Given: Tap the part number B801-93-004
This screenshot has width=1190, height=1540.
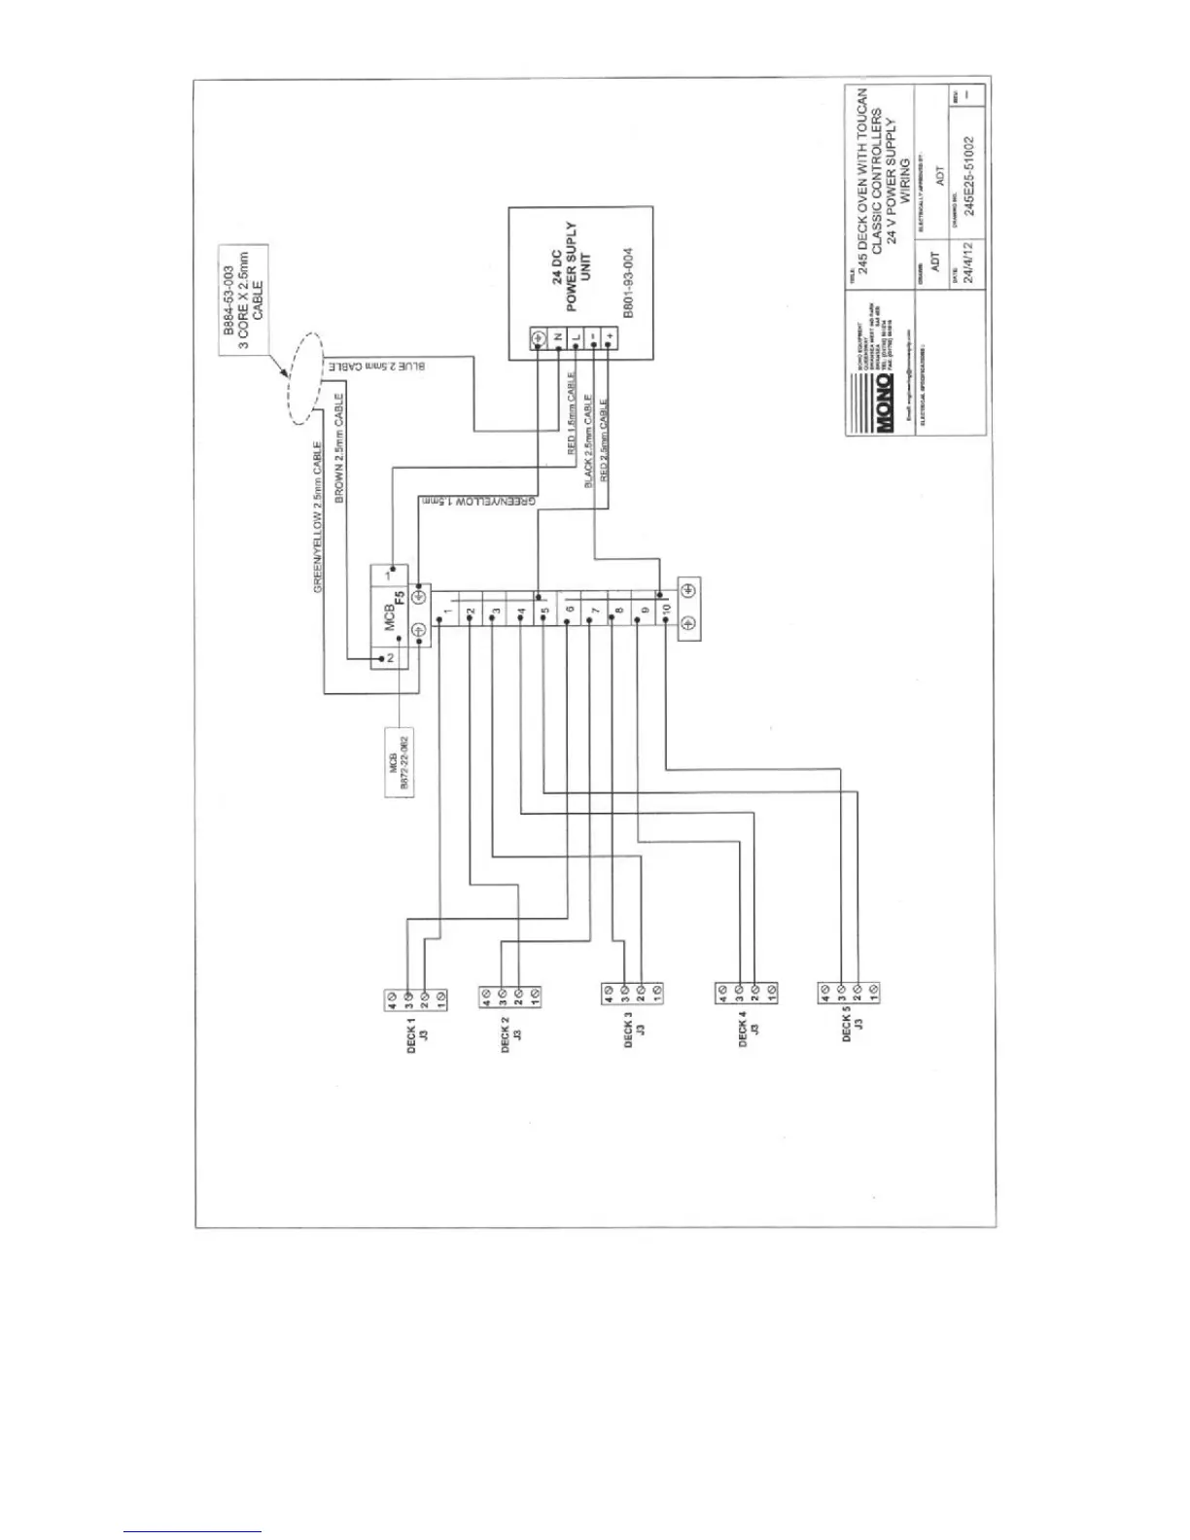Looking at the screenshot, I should pyautogui.click(x=628, y=283).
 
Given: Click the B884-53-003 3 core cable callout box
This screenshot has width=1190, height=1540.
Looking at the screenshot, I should pyautogui.click(x=243, y=301).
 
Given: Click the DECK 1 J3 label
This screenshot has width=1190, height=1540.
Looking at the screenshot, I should pyautogui.click(x=417, y=1038).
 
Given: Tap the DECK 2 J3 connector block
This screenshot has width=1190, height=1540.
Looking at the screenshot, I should pyautogui.click(x=510, y=996).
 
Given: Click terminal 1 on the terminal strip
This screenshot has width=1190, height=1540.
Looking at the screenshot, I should pyautogui.click(x=445, y=615).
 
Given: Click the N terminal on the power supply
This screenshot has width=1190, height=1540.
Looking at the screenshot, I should pyautogui.click(x=557, y=338).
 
